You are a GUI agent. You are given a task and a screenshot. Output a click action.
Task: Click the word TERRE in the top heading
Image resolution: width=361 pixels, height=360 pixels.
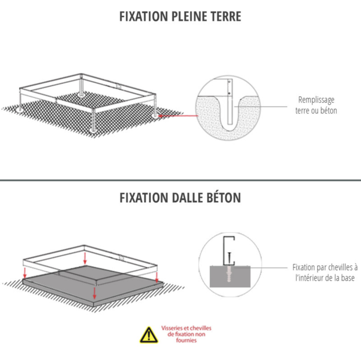[x=226, y=16]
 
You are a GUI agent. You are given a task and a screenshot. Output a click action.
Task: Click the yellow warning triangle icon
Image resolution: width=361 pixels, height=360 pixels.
[x=149, y=335]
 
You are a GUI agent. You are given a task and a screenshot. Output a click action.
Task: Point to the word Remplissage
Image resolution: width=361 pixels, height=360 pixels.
[x=316, y=100]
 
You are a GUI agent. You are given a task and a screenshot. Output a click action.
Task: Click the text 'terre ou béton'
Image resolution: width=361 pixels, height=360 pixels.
[x=316, y=111]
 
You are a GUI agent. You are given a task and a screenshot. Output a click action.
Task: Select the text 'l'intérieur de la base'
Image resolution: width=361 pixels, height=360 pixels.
[x=325, y=278]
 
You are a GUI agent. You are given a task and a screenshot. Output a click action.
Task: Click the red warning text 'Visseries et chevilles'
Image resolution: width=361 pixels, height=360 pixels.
[x=186, y=328]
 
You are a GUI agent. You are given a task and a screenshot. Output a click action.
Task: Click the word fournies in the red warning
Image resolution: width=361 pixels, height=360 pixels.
[x=186, y=340]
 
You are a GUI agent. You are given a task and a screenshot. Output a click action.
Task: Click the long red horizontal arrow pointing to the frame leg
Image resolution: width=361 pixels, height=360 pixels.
[x=178, y=116]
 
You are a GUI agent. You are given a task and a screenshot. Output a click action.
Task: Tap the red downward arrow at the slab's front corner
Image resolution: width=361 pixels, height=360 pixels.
[x=94, y=293]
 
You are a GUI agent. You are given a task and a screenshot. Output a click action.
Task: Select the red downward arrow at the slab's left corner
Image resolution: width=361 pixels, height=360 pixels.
[x=25, y=273]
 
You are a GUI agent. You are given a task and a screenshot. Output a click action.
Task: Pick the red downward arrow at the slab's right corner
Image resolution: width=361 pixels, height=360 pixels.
[x=157, y=277]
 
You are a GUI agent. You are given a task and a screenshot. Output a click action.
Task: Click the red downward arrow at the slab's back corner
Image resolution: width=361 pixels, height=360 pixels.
[x=85, y=258]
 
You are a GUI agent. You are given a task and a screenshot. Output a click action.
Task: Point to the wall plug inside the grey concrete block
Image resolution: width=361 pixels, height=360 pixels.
[x=229, y=274]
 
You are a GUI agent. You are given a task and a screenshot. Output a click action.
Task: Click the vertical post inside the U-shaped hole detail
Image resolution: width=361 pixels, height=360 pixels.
[x=230, y=102]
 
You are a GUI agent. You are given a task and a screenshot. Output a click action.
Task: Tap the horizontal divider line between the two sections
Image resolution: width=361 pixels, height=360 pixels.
[x=180, y=180]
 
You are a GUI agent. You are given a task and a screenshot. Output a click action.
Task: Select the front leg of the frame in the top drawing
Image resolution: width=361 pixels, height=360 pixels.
[x=94, y=120]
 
